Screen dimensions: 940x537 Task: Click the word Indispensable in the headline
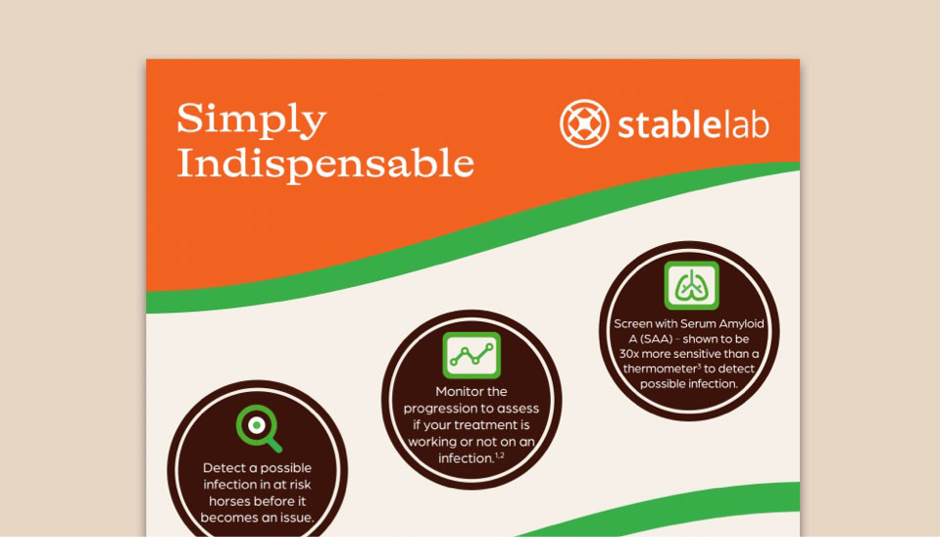click(325, 164)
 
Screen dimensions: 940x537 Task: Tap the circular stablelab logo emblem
click(584, 123)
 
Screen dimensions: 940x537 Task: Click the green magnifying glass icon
click(259, 428)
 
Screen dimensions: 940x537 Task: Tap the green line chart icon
click(471, 356)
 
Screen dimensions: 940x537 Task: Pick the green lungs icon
click(691, 285)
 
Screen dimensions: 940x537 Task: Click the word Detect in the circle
click(223, 468)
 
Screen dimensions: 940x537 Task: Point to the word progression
click(447, 409)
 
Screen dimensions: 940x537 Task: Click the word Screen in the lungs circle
click(632, 323)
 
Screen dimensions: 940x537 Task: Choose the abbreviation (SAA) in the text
click(657, 339)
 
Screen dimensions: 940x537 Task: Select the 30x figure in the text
click(629, 354)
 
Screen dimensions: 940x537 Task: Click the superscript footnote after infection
click(499, 456)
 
